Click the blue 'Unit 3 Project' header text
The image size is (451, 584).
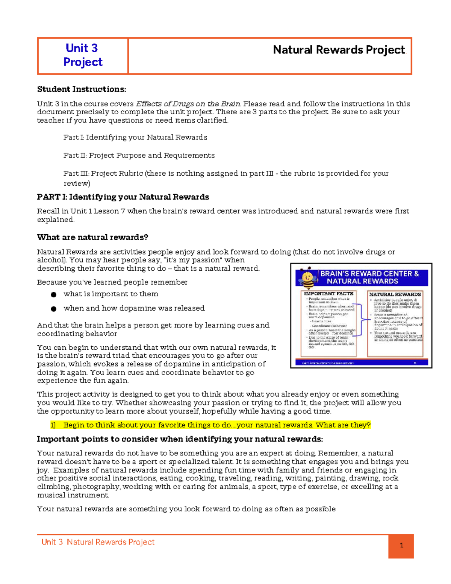pos(83,55)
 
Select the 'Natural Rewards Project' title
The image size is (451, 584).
pos(339,50)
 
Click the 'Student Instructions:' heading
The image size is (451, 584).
pos(82,89)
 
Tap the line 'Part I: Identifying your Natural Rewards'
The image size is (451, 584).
pos(135,137)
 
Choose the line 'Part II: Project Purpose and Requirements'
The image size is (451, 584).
pos(139,155)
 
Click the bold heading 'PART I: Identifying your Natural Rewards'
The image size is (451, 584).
pos(123,197)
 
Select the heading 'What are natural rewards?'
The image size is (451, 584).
pos(92,237)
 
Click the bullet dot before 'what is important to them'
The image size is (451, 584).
pos(54,294)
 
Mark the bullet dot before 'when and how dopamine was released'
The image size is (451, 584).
pos(54,309)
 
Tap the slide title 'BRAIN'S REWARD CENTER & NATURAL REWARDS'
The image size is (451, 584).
pos(369,278)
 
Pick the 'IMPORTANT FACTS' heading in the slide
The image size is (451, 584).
pos(328,294)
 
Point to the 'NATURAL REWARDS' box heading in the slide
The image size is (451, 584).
pos(395,294)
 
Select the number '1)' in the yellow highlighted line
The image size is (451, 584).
pos(53,425)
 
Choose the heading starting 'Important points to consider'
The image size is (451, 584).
pos(180,439)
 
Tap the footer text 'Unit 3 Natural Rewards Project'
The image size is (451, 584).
pos(98,542)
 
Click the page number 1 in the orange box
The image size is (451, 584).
pos(401,545)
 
